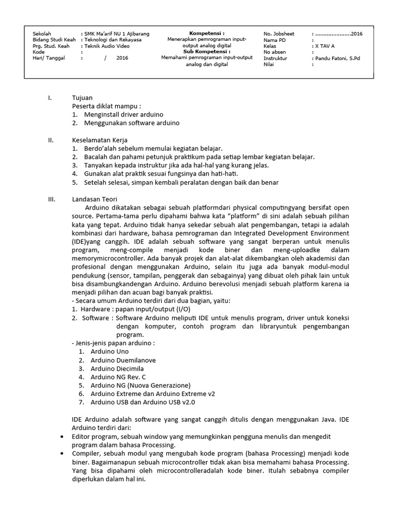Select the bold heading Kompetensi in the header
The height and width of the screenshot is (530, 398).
click(x=207, y=33)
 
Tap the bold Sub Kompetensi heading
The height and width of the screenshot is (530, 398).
click(x=207, y=52)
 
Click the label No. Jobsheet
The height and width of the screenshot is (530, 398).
click(x=279, y=34)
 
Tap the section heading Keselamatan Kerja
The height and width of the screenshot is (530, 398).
click(x=99, y=140)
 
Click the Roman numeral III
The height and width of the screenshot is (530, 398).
click(x=51, y=199)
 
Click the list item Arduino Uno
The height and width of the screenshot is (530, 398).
click(x=109, y=351)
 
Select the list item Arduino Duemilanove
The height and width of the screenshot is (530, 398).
click(x=123, y=360)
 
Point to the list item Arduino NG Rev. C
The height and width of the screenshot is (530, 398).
click(x=118, y=377)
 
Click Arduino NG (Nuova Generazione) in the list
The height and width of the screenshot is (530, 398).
click(x=140, y=385)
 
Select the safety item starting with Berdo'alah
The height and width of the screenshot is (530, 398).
click(x=146, y=149)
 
